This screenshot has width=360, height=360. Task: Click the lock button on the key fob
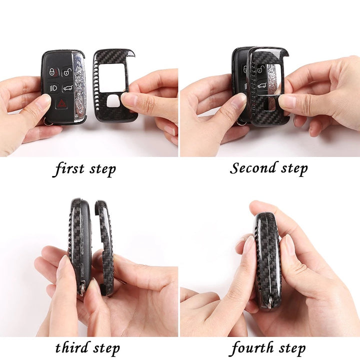click(x=53, y=72)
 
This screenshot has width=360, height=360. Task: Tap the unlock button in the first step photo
click(x=67, y=71)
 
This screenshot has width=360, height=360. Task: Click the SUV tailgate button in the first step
click(x=68, y=87)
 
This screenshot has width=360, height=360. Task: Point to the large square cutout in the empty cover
click(x=112, y=78)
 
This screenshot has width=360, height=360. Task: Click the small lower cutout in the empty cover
click(x=113, y=101)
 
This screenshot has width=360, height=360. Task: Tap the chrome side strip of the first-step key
click(x=79, y=87)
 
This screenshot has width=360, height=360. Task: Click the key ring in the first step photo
click(x=48, y=122)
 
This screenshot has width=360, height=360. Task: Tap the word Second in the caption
click(x=252, y=168)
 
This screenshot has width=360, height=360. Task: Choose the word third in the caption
click(x=72, y=347)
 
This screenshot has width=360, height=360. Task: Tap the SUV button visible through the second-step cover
click(x=261, y=86)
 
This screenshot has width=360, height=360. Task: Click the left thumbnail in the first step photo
click(x=43, y=101)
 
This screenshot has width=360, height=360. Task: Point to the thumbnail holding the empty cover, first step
click(x=129, y=99)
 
